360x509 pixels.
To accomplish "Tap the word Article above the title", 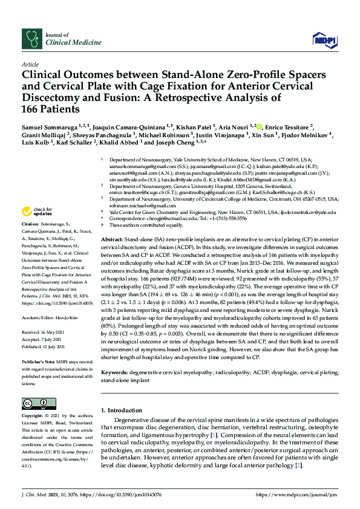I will tap(30, 64).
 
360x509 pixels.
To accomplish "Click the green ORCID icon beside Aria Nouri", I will tap(260, 128).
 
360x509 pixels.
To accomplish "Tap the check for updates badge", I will tap(38, 212).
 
